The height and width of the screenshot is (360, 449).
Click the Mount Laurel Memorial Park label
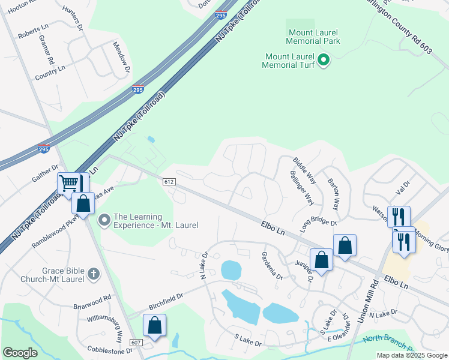pyautogui.click(x=314, y=36)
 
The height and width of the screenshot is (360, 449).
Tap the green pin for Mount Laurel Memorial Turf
pyautogui.click(x=324, y=60)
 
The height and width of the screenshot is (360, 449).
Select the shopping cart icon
pyautogui.click(x=69, y=183)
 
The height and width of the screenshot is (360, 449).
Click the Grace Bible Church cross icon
pyautogui.click(x=93, y=274)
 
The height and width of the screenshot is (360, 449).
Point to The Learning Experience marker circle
pyautogui.click(x=105, y=221)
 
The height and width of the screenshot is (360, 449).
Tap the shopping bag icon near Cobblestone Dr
pyautogui.click(x=155, y=326)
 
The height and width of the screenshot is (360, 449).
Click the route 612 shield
pyautogui.click(x=168, y=181)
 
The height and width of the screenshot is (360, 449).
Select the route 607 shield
pyautogui.click(x=136, y=342)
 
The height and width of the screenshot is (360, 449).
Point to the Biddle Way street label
pyautogui.click(x=304, y=170)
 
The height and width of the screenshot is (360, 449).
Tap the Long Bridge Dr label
pyautogui.click(x=319, y=221)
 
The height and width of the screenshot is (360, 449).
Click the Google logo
pyautogui.click(x=20, y=353)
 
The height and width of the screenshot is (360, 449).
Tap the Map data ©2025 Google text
pyautogui.click(x=411, y=355)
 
